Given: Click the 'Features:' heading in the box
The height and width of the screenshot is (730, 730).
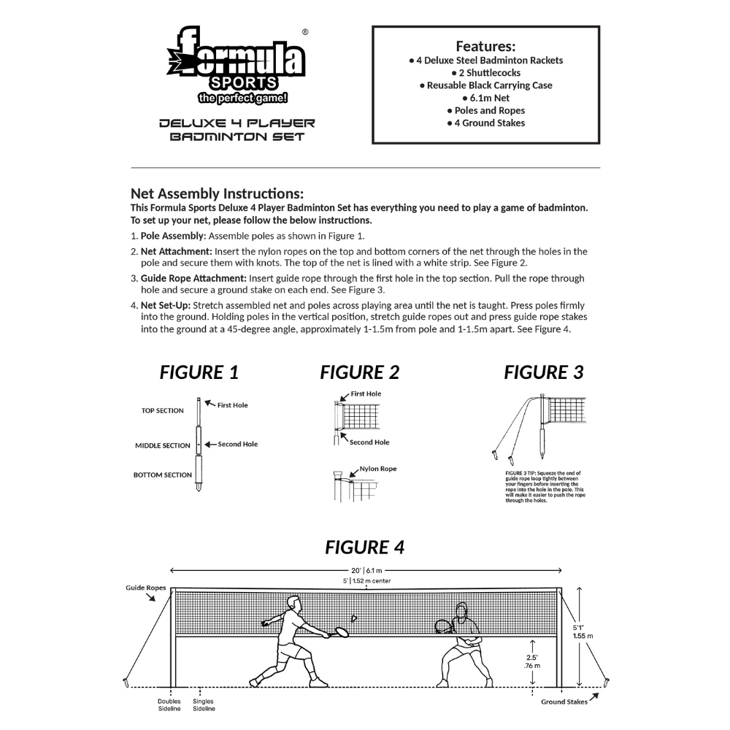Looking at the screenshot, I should [485, 46].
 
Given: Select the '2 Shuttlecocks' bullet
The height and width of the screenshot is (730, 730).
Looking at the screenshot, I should [485, 73].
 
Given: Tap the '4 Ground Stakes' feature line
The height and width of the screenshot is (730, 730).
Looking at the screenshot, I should [485, 123].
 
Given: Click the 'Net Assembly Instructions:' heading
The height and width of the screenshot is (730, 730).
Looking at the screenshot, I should [217, 193].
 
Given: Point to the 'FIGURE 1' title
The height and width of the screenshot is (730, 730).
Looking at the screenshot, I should [199, 372].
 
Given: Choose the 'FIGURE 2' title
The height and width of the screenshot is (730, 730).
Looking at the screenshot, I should [359, 372].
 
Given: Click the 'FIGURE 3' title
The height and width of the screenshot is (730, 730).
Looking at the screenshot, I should [544, 372].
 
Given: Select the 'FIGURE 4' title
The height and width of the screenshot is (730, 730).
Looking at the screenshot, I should [364, 547].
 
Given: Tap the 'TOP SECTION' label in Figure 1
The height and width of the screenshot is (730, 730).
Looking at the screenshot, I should [162, 411].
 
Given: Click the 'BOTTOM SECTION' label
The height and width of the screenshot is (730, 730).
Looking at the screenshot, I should [162, 475].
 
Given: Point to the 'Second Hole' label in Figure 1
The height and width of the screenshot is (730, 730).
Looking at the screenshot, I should [237, 444].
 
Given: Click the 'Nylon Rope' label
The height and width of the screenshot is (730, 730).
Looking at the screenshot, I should [378, 469].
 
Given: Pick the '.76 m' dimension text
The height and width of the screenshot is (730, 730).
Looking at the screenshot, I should [532, 666].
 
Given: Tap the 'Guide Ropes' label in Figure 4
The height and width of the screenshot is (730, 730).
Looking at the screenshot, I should [146, 588].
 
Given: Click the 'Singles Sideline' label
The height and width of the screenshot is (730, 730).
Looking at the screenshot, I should [204, 704].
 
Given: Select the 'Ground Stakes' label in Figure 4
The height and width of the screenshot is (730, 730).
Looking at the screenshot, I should [564, 702].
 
